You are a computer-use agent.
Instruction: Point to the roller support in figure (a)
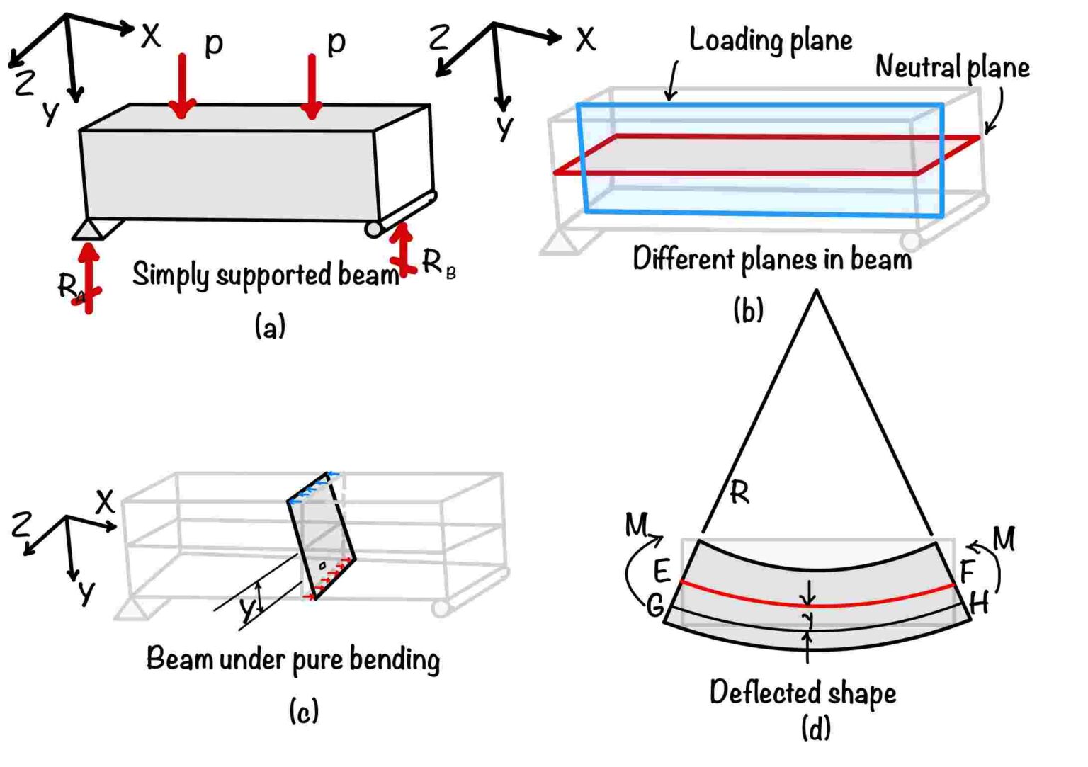click(x=374, y=229)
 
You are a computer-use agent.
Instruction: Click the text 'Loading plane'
click(x=770, y=40)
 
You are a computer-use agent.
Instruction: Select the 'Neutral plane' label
click(x=952, y=67)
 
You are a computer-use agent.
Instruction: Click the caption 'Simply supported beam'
click(x=266, y=275)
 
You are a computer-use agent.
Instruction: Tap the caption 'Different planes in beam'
click(x=772, y=259)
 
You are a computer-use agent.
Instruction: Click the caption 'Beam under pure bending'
click(x=293, y=659)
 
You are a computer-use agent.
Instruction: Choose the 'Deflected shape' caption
click(x=803, y=693)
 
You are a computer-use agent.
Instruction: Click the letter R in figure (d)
click(x=739, y=492)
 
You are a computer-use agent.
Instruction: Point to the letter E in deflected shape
click(x=662, y=571)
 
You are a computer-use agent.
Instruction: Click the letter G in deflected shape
click(x=655, y=606)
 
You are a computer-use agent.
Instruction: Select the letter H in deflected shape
click(x=979, y=604)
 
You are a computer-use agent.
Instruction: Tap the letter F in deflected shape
click(x=968, y=570)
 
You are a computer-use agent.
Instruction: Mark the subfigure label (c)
click(x=304, y=710)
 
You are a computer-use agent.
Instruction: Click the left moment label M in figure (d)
click(x=636, y=525)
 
